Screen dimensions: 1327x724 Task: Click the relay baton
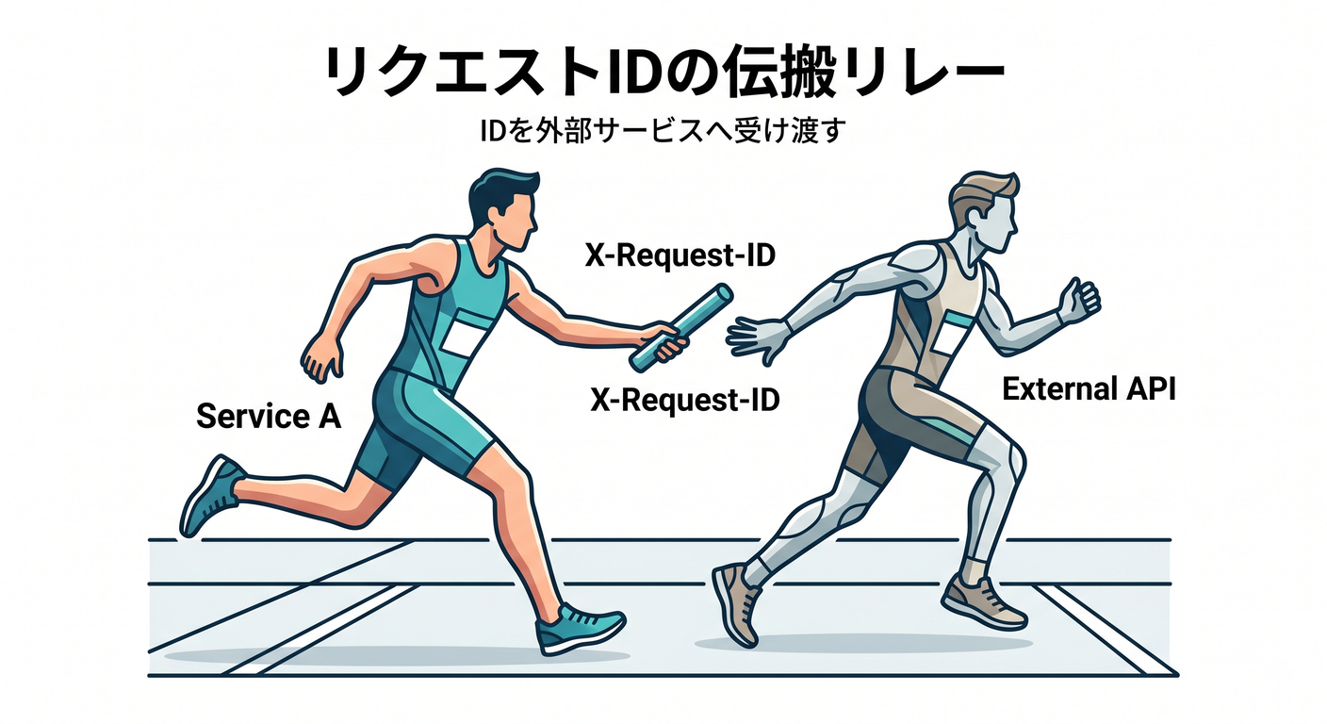(x=681, y=328)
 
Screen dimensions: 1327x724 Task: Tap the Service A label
(x=269, y=416)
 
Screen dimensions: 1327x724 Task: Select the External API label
(x=1089, y=389)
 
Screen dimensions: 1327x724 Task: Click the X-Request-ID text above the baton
(x=680, y=255)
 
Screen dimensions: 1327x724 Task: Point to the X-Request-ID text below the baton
(x=685, y=400)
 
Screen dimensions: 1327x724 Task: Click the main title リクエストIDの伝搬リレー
(x=663, y=71)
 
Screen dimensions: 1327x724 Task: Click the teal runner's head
(x=503, y=209)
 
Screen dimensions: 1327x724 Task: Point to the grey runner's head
(x=985, y=212)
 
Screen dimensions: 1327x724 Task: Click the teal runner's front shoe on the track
(x=578, y=628)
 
